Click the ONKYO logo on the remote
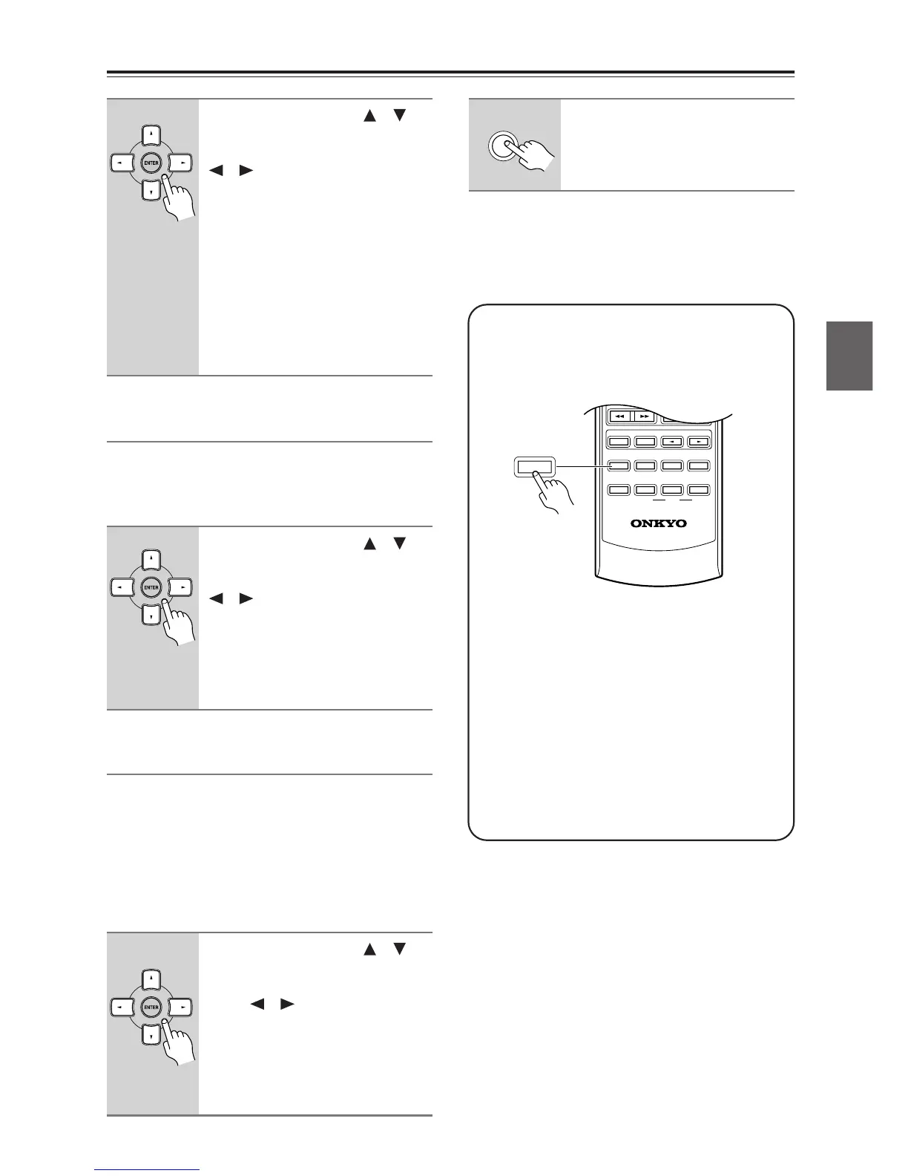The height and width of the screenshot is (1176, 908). (658, 523)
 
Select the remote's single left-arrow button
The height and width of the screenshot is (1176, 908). (671, 442)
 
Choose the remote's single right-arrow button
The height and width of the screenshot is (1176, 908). (698, 442)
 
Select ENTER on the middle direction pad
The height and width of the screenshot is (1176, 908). (151, 587)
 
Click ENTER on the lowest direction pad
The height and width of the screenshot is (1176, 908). (151, 1007)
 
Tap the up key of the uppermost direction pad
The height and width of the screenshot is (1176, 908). (151, 134)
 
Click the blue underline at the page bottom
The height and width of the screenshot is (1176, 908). (148, 1170)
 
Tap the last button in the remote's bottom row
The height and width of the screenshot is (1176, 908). (698, 490)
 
